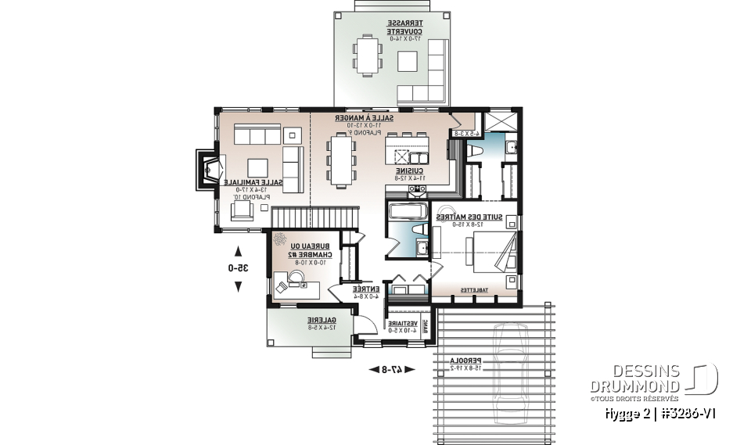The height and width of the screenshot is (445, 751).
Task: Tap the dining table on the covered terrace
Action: click(x=366, y=56)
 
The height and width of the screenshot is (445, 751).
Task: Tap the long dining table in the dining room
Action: click(x=342, y=160)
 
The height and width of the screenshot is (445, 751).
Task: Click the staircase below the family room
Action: click(x=311, y=216)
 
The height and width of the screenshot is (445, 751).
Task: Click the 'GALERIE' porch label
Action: click(x=321, y=320)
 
